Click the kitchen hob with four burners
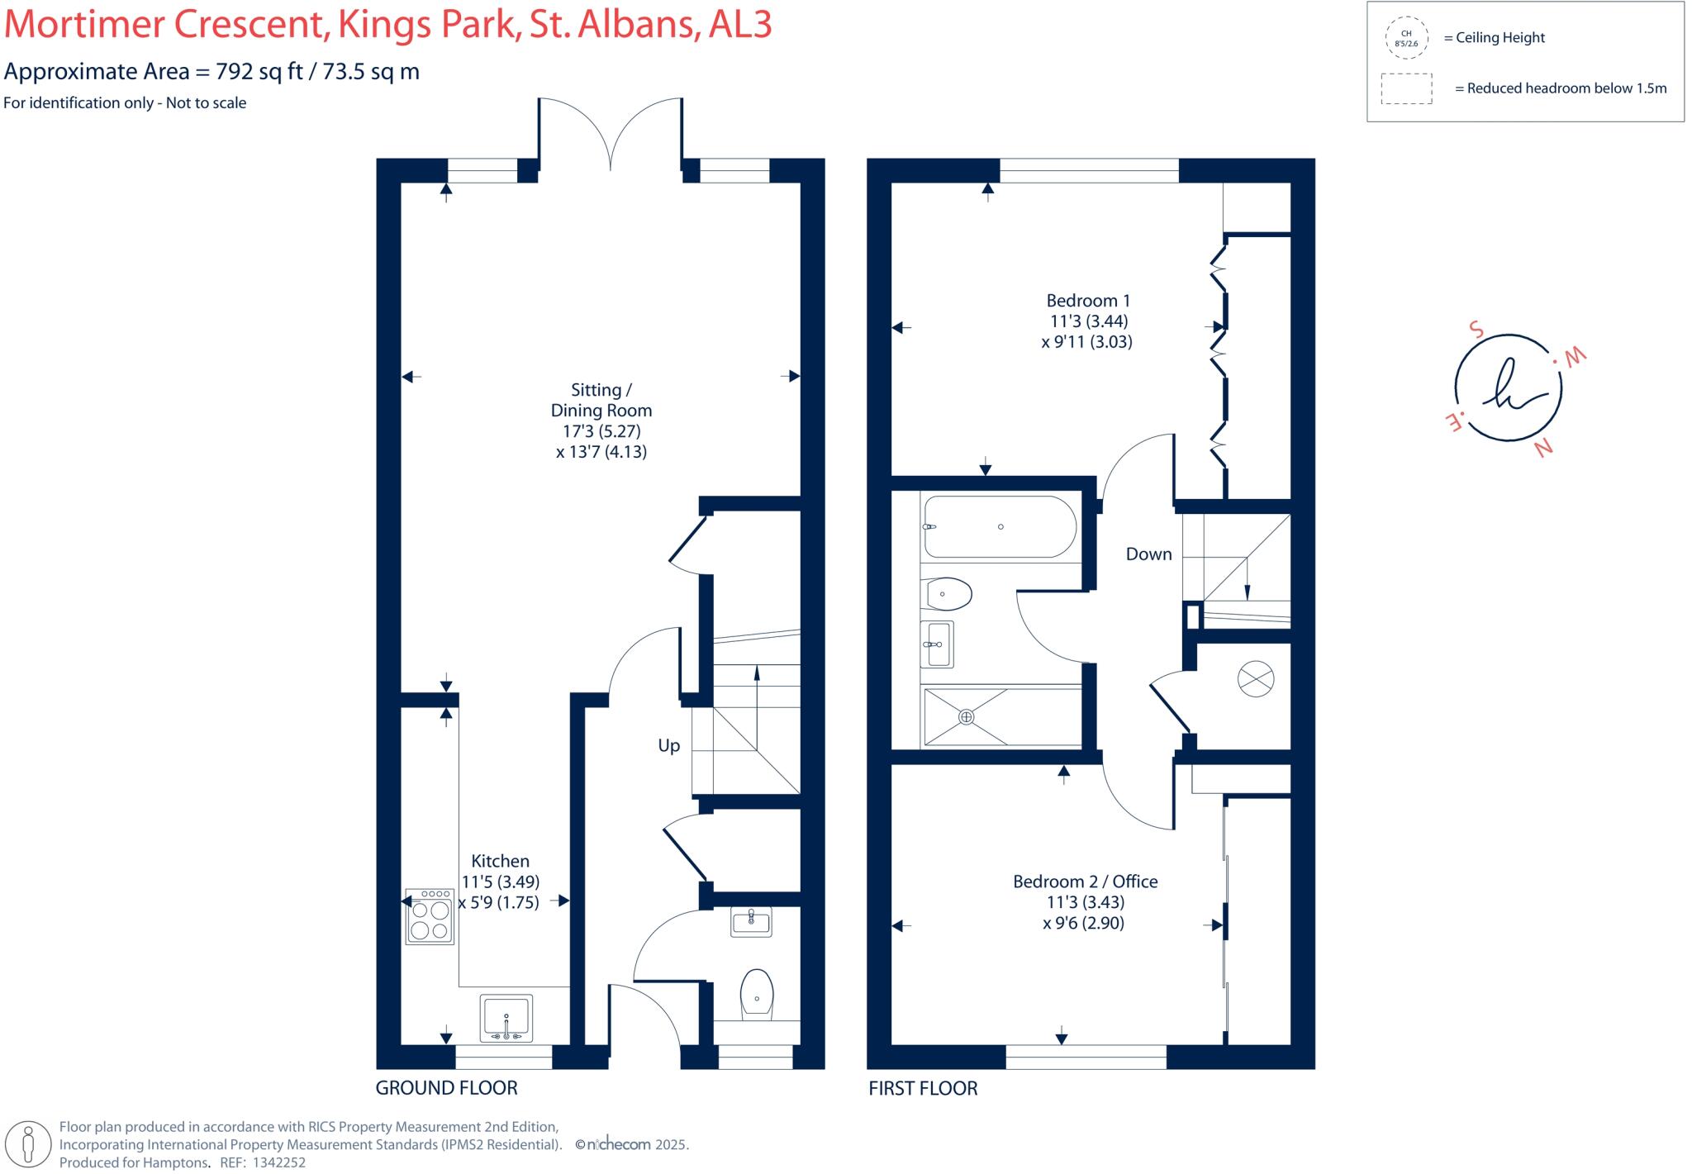pos(430,916)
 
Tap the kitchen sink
pos(506,1018)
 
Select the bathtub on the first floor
pos(1000,527)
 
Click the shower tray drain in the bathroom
pos(967,717)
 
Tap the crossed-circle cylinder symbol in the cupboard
pos(1255,679)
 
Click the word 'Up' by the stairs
pos(668,745)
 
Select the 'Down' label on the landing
pos(1148,554)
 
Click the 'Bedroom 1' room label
pos(1087,301)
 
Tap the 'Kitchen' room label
pos(500,861)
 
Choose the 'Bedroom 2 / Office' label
pos(1085,882)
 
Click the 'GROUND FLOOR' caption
pos(446,1088)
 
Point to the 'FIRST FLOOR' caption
pos(922,1088)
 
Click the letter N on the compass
pos(1542,447)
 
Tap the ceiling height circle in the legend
pos(1405,39)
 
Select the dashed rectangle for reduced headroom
pos(1406,88)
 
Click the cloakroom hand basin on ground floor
pos(751,921)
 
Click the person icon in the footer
pos(29,1145)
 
